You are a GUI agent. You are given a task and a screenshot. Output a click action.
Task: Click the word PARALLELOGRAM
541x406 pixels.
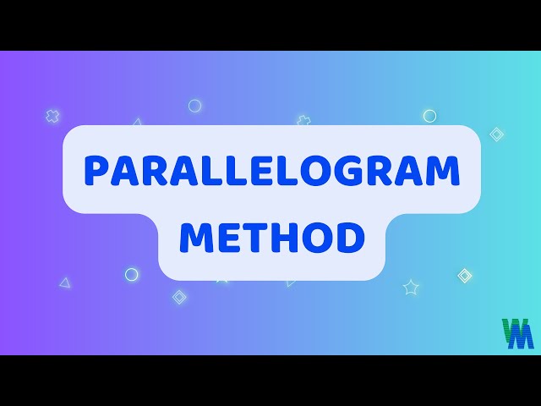pyautogui.click(x=271, y=173)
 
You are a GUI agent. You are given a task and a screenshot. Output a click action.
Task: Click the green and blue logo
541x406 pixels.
pyautogui.click(x=517, y=333)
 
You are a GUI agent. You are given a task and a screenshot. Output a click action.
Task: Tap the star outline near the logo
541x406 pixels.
pyautogui.click(x=411, y=288)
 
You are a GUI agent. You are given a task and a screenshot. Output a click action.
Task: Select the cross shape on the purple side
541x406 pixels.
pyautogui.click(x=52, y=116)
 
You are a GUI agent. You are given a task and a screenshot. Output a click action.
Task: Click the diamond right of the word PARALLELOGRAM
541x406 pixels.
pyautogui.click(x=497, y=134)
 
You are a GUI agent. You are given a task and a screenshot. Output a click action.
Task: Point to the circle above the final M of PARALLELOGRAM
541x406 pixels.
pyautogui.click(x=429, y=116)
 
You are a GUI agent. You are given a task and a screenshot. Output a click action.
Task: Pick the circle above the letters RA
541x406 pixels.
pyautogui.click(x=194, y=106)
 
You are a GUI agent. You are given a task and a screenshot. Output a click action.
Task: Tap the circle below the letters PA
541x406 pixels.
pyautogui.click(x=132, y=274)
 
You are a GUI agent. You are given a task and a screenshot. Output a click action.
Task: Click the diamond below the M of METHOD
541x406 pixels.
pyautogui.click(x=179, y=297)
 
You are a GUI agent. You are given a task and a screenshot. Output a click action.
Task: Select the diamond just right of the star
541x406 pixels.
pyautogui.click(x=465, y=276)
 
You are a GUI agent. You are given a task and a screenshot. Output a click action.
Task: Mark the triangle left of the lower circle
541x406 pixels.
pyautogui.click(x=65, y=283)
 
